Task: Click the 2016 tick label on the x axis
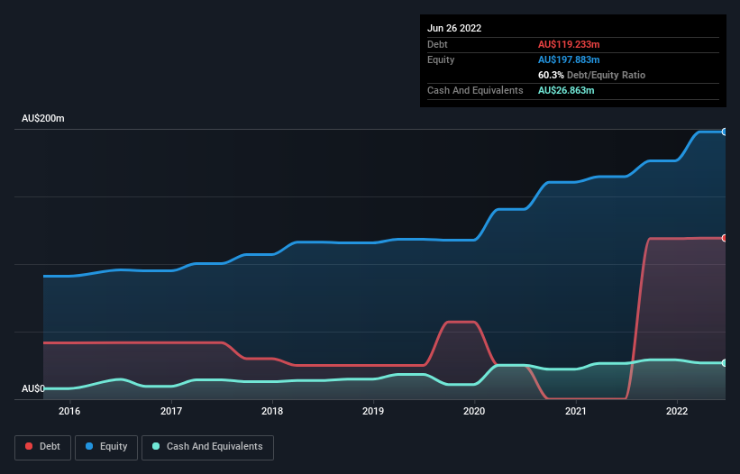coord(69,411)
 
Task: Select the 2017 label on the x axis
coord(171,411)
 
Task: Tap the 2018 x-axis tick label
coord(272,411)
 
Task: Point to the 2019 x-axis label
coord(373,411)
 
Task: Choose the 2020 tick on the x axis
coord(475,411)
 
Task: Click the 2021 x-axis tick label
coord(576,411)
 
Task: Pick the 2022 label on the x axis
coord(678,411)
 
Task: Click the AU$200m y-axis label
coord(43,119)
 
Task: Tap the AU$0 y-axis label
coord(33,388)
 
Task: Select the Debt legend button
coord(41,447)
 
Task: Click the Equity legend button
coord(106,447)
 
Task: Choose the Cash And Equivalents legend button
coord(207,447)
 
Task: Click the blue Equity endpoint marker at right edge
coord(725,132)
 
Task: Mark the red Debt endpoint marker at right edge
coord(725,238)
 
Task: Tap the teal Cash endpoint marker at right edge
coord(725,362)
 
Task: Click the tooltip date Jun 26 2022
coord(454,28)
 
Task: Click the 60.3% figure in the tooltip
coord(551,75)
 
